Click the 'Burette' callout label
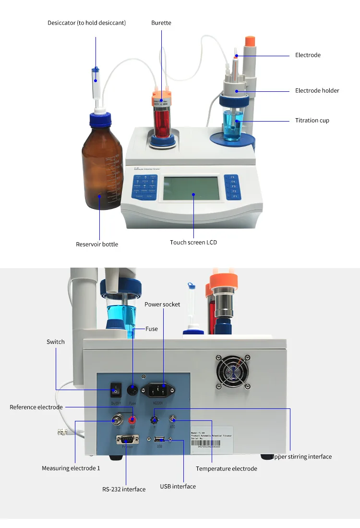161,23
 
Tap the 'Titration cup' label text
312,121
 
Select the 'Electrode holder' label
317,90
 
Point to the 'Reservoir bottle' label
97,244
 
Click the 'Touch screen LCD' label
193,242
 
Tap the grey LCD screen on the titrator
191,189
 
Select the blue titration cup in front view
234,125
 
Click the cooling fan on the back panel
232,371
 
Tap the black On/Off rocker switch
116,389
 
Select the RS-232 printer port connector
127,439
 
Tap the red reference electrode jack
132,420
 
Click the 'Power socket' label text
162,304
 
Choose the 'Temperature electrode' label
226,468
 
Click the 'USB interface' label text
178,486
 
